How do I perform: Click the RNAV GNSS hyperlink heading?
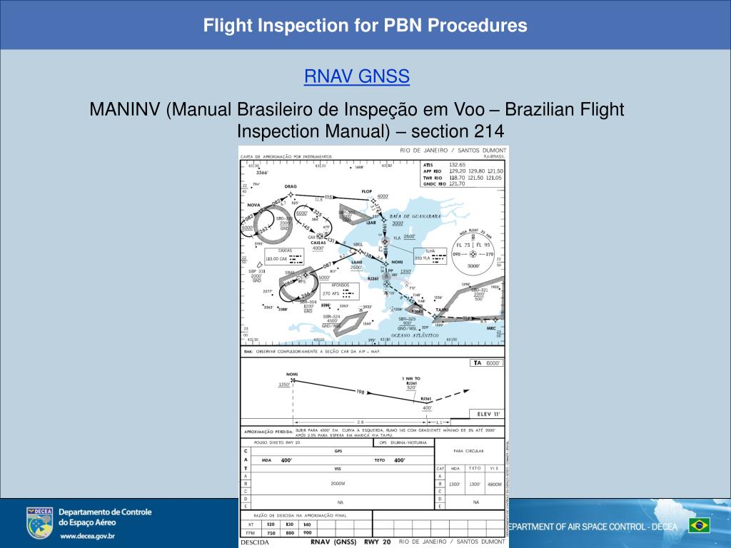356,76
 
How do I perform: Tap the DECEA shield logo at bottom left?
39,523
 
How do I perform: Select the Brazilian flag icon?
699,526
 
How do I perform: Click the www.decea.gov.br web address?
89,535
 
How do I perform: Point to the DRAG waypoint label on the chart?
291,186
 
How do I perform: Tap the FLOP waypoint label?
367,191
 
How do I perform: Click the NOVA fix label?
253,205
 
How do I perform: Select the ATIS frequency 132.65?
457,165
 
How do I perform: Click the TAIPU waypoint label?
443,310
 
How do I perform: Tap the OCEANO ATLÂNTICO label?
415,335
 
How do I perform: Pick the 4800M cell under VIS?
493,483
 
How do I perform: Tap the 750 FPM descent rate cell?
271,532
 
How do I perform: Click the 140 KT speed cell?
307,524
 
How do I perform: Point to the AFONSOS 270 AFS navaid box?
341,291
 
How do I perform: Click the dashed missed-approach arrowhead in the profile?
468,390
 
